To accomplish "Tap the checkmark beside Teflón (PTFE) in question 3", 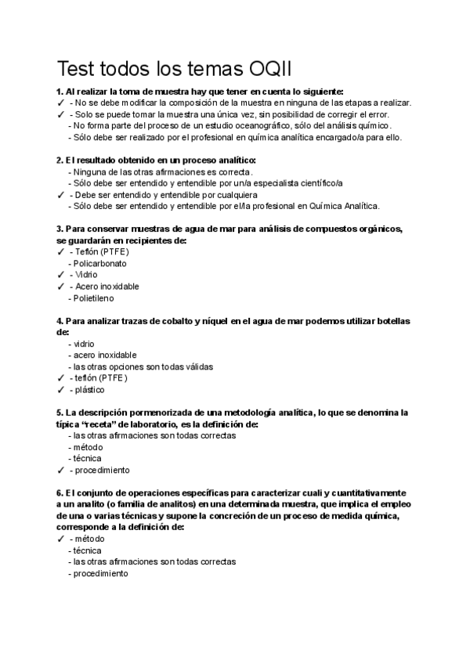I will click(x=60, y=252).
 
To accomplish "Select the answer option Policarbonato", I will click(x=100, y=264).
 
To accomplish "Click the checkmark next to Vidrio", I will click(x=60, y=275).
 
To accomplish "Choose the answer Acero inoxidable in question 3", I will click(x=107, y=287).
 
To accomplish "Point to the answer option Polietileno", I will click(x=94, y=298).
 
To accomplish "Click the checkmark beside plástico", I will click(x=60, y=390).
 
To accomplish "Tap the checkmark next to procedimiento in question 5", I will click(x=60, y=471).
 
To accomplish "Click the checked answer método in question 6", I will click(x=89, y=539).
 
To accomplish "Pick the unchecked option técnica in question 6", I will click(x=88, y=550).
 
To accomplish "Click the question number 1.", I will click(x=60, y=91).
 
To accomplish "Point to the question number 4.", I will click(x=60, y=321).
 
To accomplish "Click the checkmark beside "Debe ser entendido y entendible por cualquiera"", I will click(x=60, y=195).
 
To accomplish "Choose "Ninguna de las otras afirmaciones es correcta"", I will click(x=162, y=171).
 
